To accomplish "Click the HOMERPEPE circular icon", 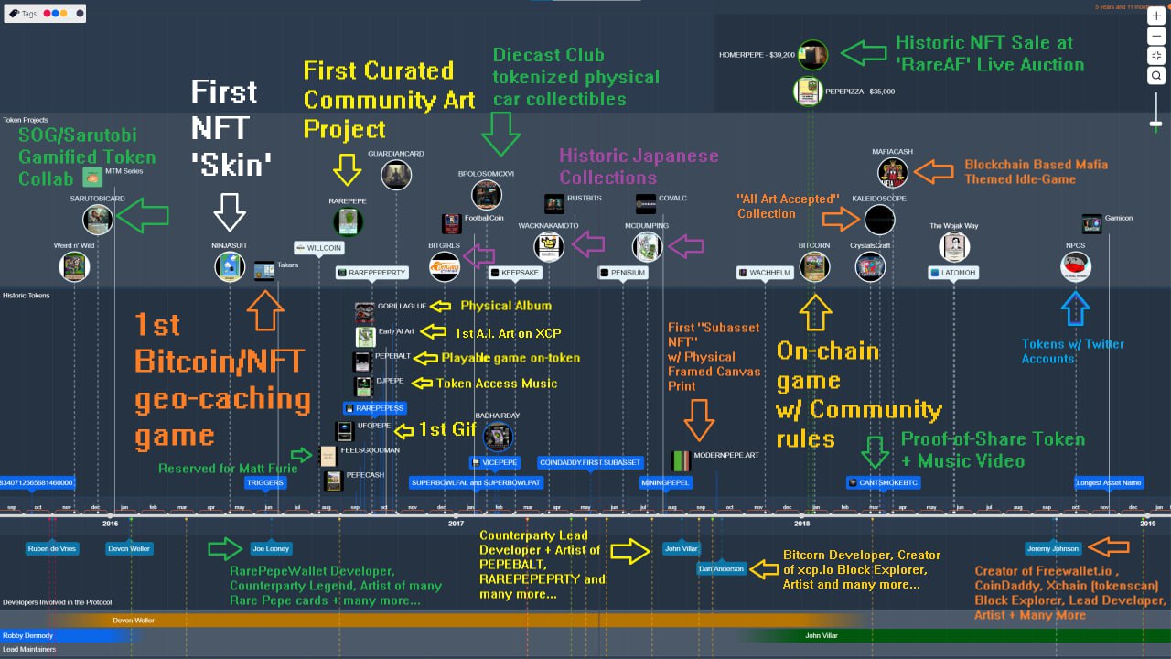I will point(812,55).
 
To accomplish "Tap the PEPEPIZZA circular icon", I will point(808,92).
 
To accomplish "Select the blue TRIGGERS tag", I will point(265,482).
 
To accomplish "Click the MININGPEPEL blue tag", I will point(665,482).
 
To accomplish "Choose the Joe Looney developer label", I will point(271,549).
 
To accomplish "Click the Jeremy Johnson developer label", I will point(1052,549).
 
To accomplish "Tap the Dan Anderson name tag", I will point(721,568).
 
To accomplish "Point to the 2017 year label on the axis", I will point(457,524).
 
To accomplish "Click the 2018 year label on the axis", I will point(802,524).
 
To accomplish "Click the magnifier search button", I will point(1157,76).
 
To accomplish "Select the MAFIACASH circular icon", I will point(893,172).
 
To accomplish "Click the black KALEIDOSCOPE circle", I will point(879,220).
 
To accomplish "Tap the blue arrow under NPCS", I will point(1076,308).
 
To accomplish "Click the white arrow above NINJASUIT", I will point(230,213).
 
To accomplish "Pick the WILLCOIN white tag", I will point(318,248).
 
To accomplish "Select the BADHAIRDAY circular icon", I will point(498,438).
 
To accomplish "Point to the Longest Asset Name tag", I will point(1109,482).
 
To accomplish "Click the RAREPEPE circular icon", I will point(348,221).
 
